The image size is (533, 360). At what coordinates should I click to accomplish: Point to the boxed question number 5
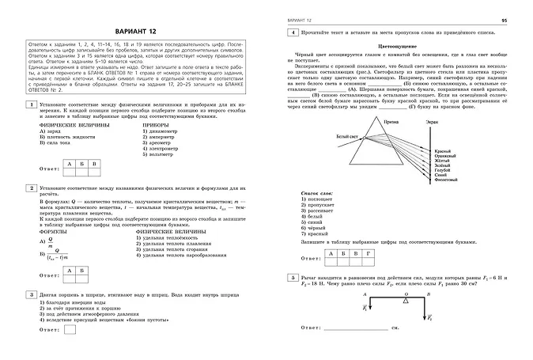[293, 279]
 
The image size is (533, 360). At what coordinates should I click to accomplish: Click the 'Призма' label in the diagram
[391, 123]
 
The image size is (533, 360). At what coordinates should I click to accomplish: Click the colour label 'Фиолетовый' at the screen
[448, 179]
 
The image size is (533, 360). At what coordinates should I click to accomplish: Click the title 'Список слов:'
[317, 192]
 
